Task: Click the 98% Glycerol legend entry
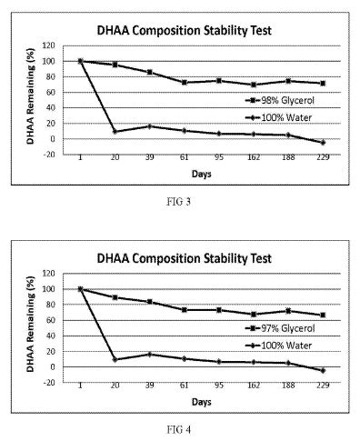tap(280, 100)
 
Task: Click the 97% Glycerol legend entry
tap(280, 328)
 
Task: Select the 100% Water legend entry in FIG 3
tap(278, 117)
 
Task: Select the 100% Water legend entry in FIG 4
tap(278, 346)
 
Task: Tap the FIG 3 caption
tap(178, 202)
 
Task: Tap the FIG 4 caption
tap(179, 429)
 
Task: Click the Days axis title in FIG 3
tap(201, 175)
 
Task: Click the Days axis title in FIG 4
tap(201, 402)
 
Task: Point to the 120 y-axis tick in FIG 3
tap(49, 45)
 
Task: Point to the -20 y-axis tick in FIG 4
tap(49, 383)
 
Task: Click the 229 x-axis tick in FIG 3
tap(323, 157)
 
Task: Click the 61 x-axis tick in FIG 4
tap(185, 386)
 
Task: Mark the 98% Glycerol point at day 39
tap(150, 72)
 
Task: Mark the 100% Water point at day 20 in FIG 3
tap(115, 132)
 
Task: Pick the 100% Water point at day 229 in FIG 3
tap(323, 142)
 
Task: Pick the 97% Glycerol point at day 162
tap(254, 315)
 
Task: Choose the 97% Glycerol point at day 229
tap(323, 316)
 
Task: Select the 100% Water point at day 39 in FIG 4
tap(150, 354)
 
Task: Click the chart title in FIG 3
tap(184, 31)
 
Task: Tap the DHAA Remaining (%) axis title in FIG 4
tap(31, 325)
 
